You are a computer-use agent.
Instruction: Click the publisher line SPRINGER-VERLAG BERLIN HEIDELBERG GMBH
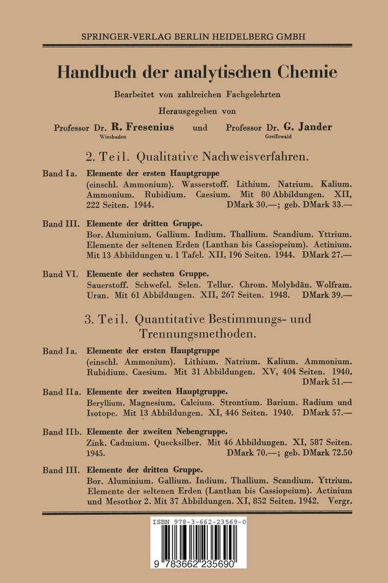coord(194,35)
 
